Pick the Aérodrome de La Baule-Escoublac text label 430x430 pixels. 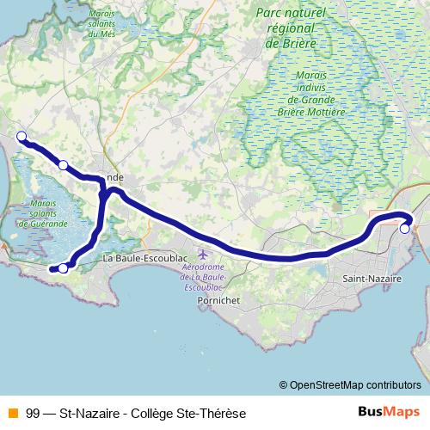coord(203,277)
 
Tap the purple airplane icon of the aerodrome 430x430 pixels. coord(203,255)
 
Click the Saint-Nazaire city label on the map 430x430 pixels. coord(370,279)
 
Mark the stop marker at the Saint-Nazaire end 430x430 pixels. coord(405,229)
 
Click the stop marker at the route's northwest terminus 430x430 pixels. coord(21,136)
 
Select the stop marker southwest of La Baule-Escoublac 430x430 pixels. coord(63,268)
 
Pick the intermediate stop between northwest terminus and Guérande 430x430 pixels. coord(63,164)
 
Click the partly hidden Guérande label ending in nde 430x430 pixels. coord(114,177)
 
